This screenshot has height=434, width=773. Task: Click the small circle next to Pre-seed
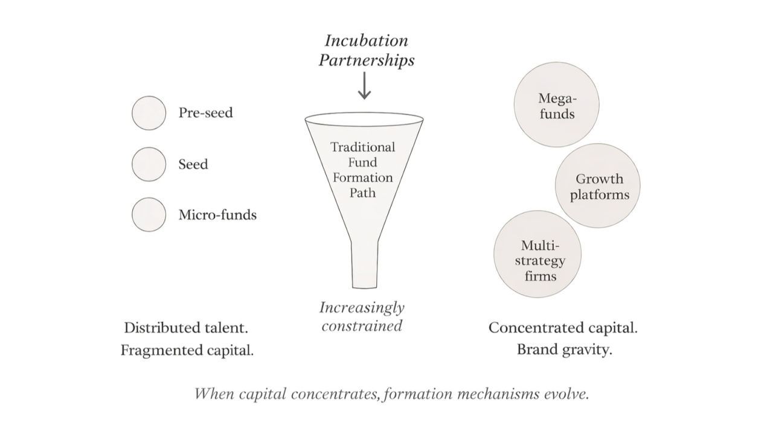tap(149, 113)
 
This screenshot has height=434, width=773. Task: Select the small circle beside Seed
tap(149, 164)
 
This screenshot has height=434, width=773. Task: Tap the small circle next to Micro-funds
tap(149, 214)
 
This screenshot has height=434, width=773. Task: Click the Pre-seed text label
tap(205, 113)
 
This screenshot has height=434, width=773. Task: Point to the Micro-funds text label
tap(217, 215)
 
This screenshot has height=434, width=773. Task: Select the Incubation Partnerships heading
tap(367, 51)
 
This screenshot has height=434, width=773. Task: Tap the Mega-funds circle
tap(556, 105)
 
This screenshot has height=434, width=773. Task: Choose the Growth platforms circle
tap(598, 186)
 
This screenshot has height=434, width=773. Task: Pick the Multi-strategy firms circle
tap(537, 254)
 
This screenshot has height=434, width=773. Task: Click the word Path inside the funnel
tap(362, 193)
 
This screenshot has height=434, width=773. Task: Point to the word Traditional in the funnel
tap(362, 147)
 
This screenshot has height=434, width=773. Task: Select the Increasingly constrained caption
tap(362, 317)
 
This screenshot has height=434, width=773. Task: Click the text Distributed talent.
tap(186, 328)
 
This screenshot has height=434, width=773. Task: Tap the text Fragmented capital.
tap(187, 350)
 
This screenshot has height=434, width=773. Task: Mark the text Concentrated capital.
tap(563, 328)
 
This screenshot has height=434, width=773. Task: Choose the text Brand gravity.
tap(564, 349)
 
